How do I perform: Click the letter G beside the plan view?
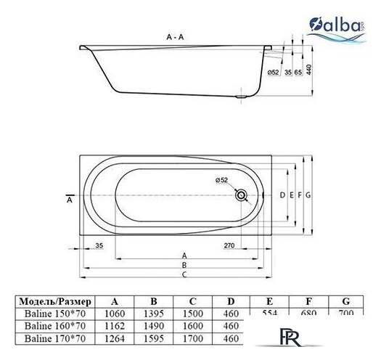(308, 195)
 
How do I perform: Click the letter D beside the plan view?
(282, 195)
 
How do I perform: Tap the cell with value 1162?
(115, 325)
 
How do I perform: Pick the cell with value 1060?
(115, 313)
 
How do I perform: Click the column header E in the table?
(270, 300)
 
